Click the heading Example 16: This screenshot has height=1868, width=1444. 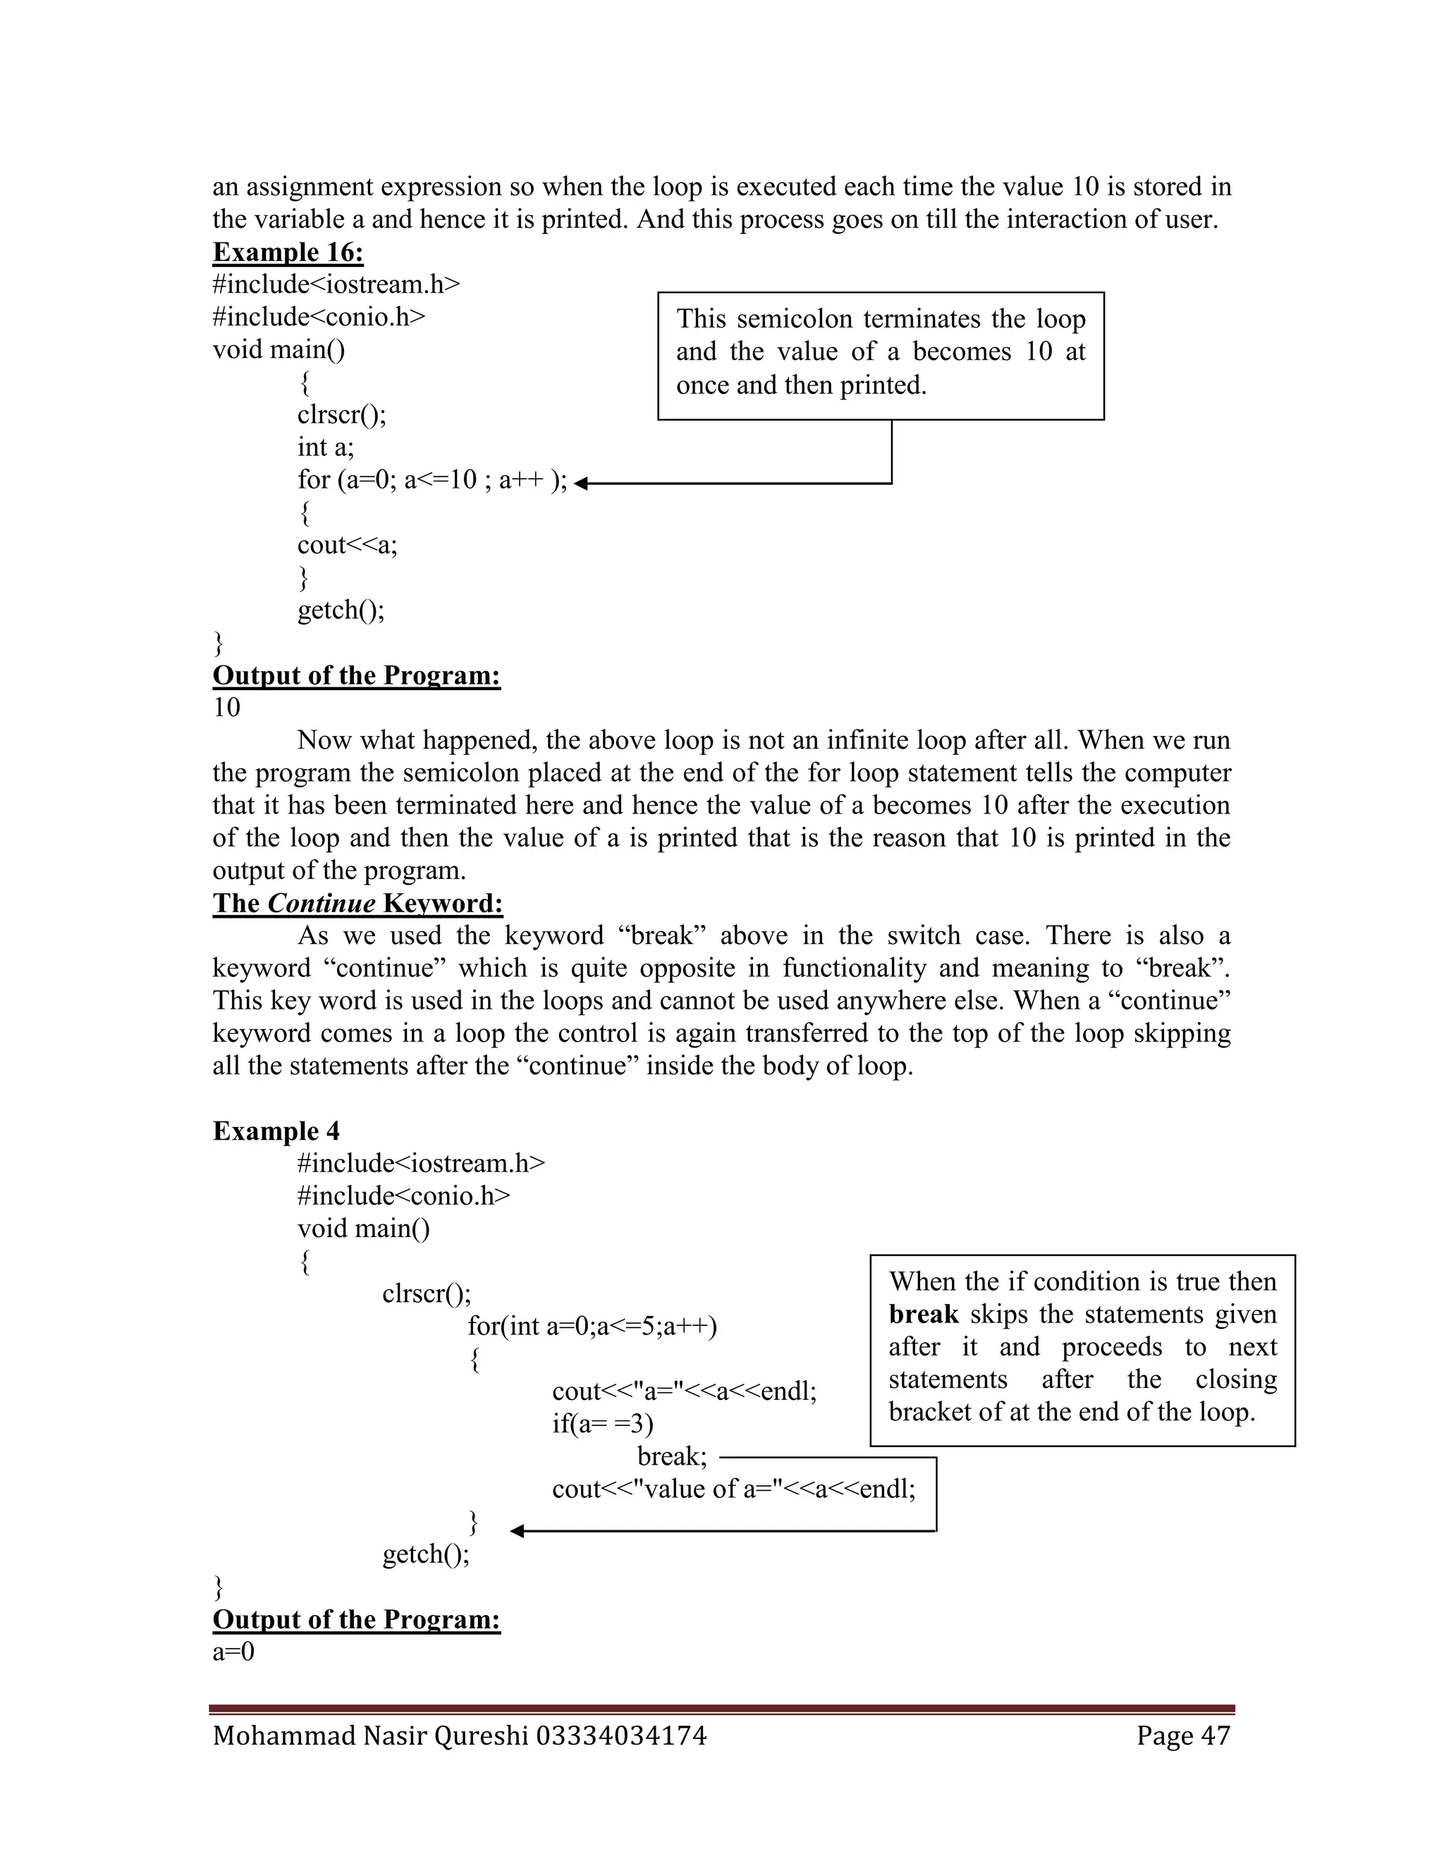pos(288,252)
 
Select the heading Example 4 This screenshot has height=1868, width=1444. pos(276,1131)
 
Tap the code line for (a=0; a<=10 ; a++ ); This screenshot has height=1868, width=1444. pos(432,480)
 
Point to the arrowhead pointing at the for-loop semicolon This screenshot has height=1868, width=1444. pos(581,484)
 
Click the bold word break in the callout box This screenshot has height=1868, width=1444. pos(923,1314)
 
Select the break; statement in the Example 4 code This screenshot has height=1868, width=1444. pos(671,1456)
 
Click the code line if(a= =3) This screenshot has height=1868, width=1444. pos(602,1423)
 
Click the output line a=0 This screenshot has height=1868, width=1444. pos(233,1652)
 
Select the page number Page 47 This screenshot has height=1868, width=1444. pos(1183,1735)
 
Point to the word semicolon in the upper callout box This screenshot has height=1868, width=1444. pos(794,319)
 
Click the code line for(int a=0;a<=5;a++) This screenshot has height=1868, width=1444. pos(592,1326)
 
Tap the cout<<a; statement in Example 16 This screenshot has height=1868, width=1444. pos(348,545)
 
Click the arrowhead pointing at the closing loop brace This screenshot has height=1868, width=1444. pos(517,1531)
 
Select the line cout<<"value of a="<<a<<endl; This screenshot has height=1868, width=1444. pos(733,1489)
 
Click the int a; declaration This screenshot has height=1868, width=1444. pos(325,448)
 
